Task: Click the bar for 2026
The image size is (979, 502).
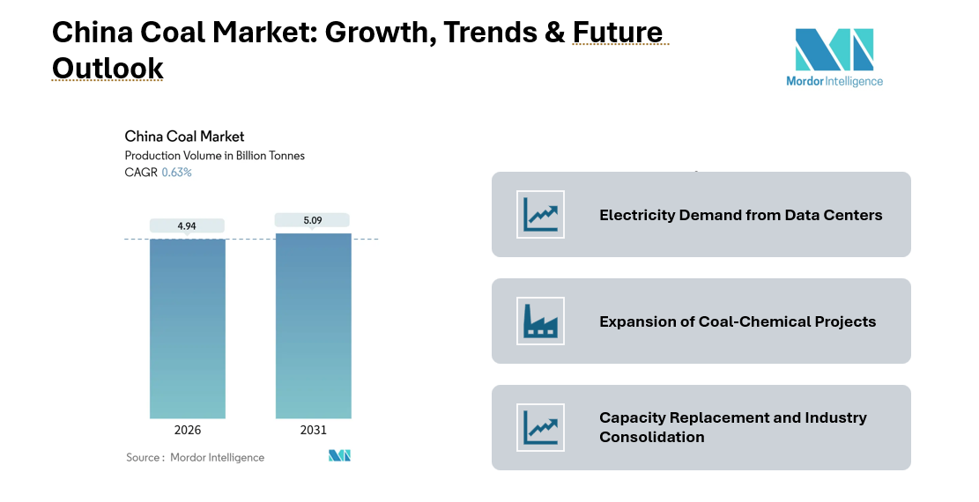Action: point(187,328)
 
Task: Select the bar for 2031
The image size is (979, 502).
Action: point(313,325)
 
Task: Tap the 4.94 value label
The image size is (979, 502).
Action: point(187,226)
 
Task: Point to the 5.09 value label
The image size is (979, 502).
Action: point(313,220)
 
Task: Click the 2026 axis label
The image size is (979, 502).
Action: point(187,430)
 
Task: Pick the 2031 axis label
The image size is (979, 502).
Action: point(313,430)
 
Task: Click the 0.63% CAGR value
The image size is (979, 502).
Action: point(176,173)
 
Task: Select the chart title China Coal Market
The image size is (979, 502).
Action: point(184,137)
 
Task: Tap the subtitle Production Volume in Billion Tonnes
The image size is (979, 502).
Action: point(214,156)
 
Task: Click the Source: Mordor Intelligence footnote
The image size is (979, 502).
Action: point(195,457)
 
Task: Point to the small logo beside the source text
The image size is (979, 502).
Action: point(339,456)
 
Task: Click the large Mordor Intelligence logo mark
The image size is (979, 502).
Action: point(834,49)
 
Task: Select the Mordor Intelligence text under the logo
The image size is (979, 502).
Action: point(834,81)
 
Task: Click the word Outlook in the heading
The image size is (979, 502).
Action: point(108,68)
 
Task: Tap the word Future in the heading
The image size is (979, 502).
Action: point(618,33)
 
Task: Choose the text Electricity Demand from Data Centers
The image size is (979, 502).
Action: point(740,215)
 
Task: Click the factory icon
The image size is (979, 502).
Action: point(540,321)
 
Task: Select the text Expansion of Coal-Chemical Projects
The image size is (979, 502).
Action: point(738,321)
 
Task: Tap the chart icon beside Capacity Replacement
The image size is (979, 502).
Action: point(540,427)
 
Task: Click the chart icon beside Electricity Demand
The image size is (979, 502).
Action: point(540,215)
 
